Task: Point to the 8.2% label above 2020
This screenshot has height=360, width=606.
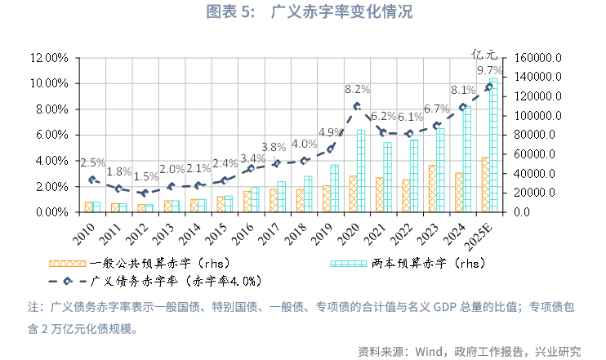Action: point(358,88)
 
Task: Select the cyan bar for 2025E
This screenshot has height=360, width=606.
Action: point(492,147)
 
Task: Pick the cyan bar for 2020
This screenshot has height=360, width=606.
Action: point(361,171)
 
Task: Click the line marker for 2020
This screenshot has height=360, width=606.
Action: point(357,106)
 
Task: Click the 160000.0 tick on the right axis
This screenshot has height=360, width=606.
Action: point(535,58)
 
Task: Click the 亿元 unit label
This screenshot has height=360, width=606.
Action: point(484,55)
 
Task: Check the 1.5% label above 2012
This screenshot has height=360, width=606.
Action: point(148,176)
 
